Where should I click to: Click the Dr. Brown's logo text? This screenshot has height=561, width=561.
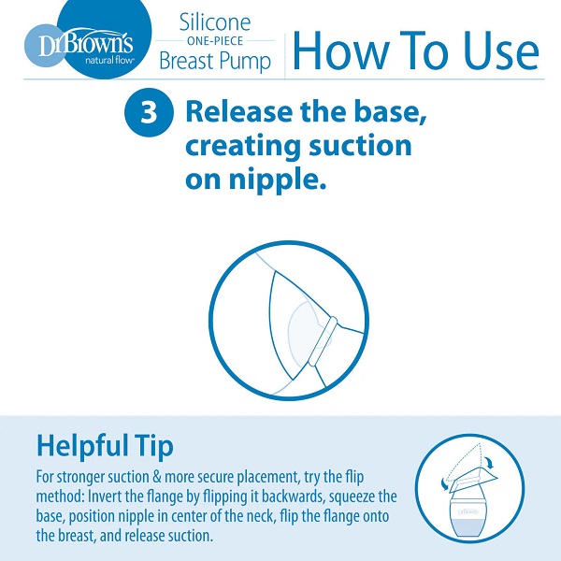click(x=86, y=43)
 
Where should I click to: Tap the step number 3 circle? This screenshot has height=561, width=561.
click(x=149, y=112)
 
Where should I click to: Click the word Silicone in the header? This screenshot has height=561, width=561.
click(x=215, y=22)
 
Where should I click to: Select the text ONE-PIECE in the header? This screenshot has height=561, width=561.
click(x=215, y=41)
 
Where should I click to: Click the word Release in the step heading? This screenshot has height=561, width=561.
click(x=239, y=111)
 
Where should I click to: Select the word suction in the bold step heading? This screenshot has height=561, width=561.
click(x=360, y=146)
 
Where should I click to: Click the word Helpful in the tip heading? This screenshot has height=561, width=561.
click(x=82, y=445)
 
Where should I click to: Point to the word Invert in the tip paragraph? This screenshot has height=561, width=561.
click(x=105, y=496)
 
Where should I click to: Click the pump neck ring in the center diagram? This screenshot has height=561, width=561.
click(x=323, y=341)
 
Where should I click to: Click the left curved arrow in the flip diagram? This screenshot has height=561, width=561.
click(x=445, y=484)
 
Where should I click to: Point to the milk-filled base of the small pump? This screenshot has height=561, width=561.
click(x=468, y=526)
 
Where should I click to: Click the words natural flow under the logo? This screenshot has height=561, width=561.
click(x=109, y=60)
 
